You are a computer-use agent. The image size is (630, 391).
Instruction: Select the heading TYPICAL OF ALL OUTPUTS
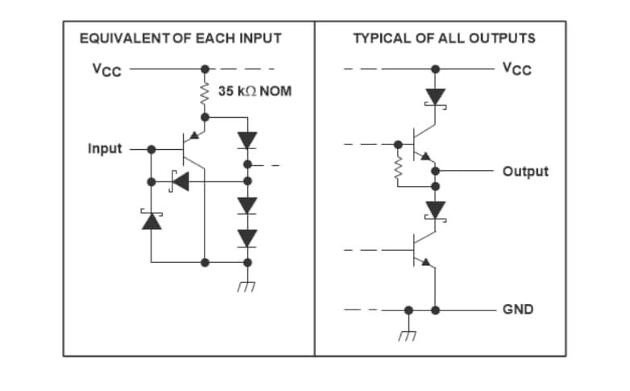point(444,38)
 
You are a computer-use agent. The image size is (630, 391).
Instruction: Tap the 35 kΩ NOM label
point(255,91)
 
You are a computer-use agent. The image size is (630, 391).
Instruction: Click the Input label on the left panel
point(105,149)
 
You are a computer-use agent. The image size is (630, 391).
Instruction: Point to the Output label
point(524,171)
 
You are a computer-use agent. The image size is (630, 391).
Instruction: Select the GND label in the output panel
point(517,309)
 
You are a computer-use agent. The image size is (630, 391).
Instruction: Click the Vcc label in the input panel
point(106,69)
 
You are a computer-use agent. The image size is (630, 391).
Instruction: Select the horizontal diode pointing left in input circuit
point(179,181)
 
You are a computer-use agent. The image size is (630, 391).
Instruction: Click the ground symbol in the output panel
point(408,333)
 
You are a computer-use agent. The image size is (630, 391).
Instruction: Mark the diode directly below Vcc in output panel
point(435,97)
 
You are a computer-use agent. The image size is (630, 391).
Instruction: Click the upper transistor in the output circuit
point(422,144)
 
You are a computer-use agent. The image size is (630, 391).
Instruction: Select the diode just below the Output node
point(435,210)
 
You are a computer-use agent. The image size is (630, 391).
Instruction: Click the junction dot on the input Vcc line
point(205,69)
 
